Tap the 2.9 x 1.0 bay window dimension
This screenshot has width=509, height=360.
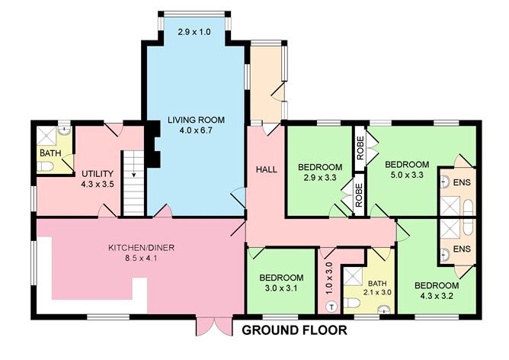(193, 32)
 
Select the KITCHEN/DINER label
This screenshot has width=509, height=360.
(138, 248)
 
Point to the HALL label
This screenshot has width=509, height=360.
(265, 168)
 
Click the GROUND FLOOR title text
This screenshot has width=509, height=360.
(294, 331)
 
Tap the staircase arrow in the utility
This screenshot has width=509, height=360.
(135, 174)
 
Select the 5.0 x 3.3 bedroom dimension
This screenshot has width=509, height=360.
(407, 176)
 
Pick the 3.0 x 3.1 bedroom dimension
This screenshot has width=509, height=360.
(281, 290)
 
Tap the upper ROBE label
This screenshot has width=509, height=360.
(359, 146)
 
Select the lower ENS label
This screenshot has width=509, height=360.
(463, 249)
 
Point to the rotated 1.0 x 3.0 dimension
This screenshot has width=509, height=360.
(329, 279)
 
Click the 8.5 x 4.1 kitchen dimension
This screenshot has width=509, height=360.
(138, 259)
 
